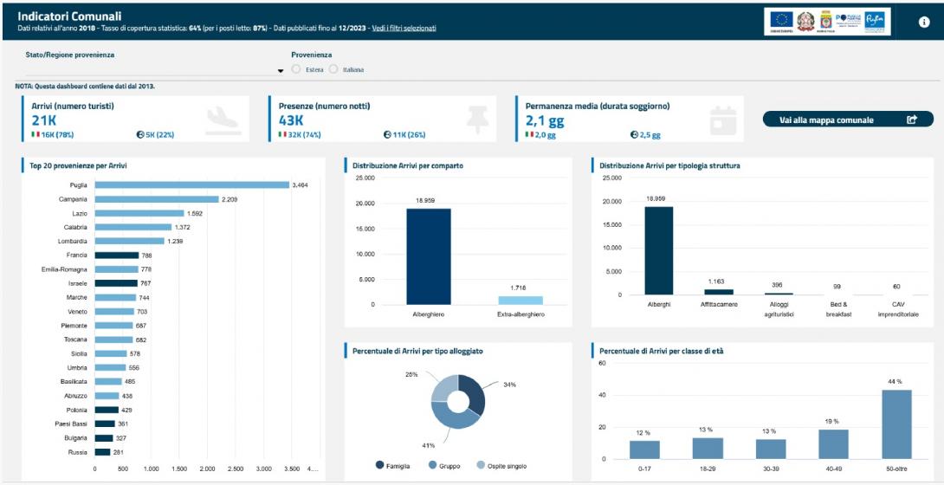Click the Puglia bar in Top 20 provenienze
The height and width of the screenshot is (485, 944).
click(191, 184)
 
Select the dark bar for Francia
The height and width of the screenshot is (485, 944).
click(117, 255)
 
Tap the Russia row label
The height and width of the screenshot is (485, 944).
click(78, 452)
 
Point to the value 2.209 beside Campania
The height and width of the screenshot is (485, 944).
click(230, 199)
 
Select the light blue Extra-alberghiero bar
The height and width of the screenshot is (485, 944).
click(520, 300)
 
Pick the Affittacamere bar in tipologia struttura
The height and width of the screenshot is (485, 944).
click(718, 292)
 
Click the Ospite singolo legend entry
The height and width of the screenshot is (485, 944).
click(501, 466)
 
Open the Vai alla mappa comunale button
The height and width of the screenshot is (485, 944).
click(848, 120)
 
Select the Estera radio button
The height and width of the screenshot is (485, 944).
click(296, 69)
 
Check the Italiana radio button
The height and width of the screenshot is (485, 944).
click(333, 69)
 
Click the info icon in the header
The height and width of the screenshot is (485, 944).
click(924, 23)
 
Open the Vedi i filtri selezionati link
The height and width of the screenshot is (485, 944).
click(404, 28)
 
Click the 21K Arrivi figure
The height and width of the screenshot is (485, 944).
click(43, 120)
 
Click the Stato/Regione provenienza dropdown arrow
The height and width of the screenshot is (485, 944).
click(281, 71)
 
